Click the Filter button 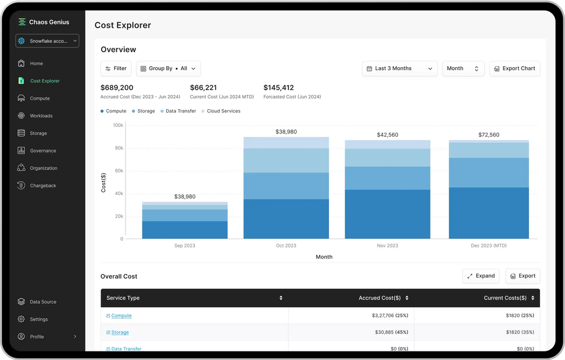(116, 68)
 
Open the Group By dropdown (168, 68)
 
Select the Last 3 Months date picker (399, 68)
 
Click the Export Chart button (514, 68)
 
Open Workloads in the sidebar (41, 116)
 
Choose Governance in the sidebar (43, 151)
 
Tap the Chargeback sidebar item (43, 186)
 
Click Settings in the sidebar (38, 319)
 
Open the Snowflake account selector (47, 41)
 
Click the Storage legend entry (146, 111)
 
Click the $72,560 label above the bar (489, 135)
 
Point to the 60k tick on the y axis (119, 171)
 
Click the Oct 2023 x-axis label (286, 246)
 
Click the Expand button (480, 276)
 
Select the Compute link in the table (121, 316)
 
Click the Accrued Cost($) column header (380, 298)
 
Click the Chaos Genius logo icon (22, 22)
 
